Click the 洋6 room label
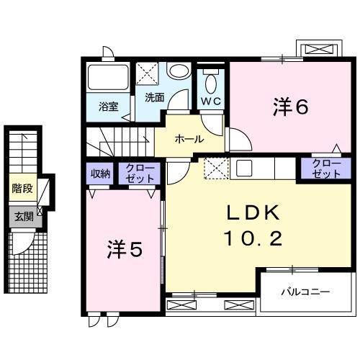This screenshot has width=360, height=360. point(290,107)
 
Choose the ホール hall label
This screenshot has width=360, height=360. point(189,139)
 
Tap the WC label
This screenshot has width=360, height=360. point(210,101)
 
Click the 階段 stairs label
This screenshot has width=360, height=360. point(22,189)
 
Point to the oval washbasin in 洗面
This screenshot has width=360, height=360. point(179,72)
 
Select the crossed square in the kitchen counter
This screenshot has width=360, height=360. point(215,168)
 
